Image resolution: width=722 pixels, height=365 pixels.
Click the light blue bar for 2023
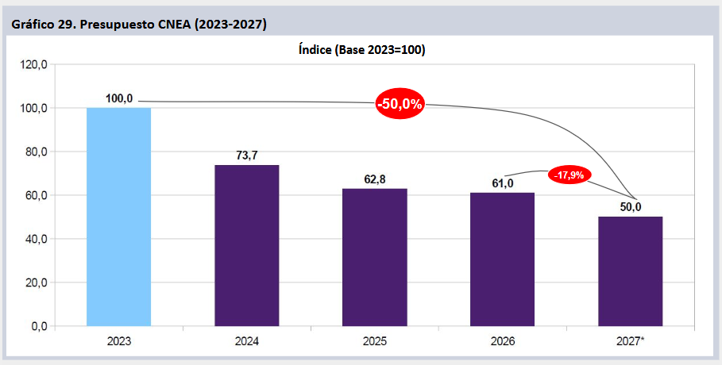tap(119, 217)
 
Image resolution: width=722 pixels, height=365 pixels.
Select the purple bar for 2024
tap(247, 245)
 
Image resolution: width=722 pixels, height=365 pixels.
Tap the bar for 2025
tap(375, 257)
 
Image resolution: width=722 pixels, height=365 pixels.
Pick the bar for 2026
tap(502, 259)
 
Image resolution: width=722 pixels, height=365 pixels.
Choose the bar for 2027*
tap(631, 271)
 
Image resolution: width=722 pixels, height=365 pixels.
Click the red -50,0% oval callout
tap(400, 104)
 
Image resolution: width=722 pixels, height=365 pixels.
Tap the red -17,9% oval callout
tap(569, 175)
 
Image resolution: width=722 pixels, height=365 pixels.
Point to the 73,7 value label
tap(247, 156)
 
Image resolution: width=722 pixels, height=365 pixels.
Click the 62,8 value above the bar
tap(375, 179)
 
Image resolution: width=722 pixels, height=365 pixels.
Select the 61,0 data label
tap(502, 183)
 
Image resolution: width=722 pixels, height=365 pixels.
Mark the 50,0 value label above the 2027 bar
tap(631, 207)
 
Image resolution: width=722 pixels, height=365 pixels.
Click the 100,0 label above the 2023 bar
tap(119, 98)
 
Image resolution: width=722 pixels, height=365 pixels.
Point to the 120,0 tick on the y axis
tap(34, 65)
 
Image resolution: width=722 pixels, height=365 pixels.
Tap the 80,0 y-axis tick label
tap(37, 152)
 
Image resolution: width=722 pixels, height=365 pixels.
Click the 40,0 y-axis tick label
tap(37, 239)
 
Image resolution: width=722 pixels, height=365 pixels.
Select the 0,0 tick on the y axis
tap(39, 326)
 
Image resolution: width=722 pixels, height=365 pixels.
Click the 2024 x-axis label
tap(247, 341)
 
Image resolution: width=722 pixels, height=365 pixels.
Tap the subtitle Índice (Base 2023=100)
tap(361, 50)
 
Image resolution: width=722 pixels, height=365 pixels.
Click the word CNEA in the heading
tap(176, 25)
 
